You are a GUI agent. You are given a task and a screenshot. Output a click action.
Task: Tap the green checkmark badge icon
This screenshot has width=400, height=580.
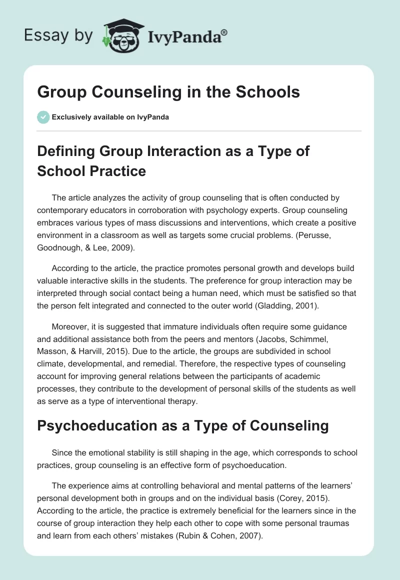43,117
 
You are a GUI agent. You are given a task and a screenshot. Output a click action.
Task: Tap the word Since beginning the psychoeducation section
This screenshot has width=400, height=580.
62,454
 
